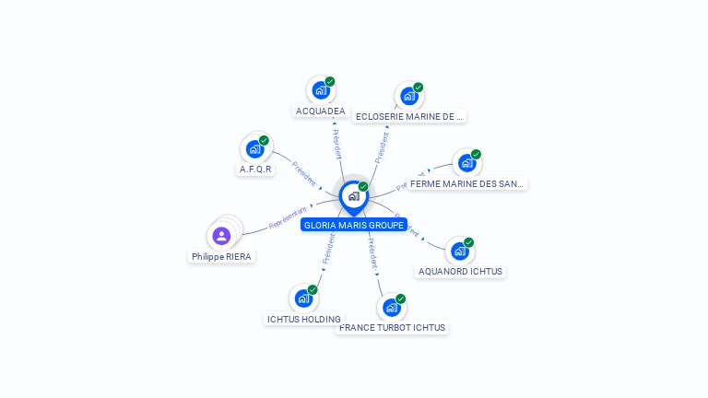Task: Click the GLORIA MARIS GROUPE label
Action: [354, 225]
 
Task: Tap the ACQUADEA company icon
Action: [320, 90]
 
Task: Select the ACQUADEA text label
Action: [320, 111]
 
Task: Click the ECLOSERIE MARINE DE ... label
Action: [408, 117]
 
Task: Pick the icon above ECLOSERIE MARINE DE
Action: [408, 96]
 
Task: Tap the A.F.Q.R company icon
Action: [254, 149]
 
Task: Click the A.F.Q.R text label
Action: [256, 170]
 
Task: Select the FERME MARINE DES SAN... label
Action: [466, 184]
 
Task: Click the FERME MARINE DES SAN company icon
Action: [466, 163]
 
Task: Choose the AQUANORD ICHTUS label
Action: [460, 272]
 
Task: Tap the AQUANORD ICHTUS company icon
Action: [459, 251]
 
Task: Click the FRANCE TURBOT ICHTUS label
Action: [392, 328]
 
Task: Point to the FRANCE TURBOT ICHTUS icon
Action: [391, 307]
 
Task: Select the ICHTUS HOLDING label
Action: [303, 320]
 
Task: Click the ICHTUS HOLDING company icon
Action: [302, 298]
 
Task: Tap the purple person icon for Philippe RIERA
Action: [221, 236]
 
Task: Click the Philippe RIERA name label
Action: [221, 257]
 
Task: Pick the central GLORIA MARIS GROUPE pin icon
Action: [353, 196]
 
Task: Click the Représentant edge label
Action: [288, 218]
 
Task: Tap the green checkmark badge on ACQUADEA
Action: [330, 82]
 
